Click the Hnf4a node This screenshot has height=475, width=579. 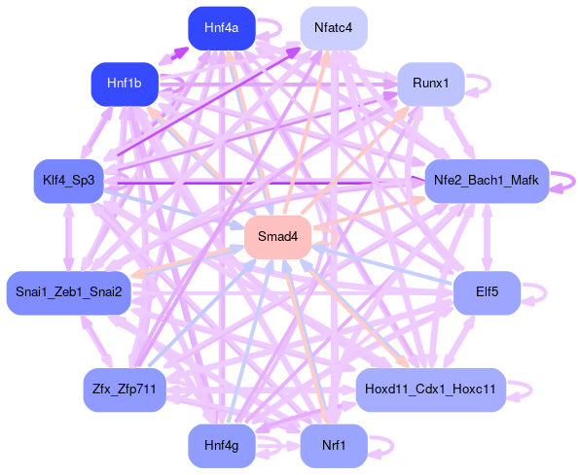coord(222,28)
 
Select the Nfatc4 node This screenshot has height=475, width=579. coord(334,28)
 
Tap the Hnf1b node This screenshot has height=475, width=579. coord(125,84)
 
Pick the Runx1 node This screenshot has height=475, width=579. coord(430,84)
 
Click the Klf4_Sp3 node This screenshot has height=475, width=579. coord(69,181)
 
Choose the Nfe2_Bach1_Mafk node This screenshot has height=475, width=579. coord(487,181)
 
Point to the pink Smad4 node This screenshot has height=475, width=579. coord(277,237)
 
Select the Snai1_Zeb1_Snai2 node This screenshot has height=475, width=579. coord(69,293)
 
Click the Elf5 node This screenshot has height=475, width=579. coord(487,293)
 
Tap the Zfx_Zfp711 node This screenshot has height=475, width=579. coord(125,390)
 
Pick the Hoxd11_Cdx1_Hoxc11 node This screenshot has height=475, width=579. coord(430,390)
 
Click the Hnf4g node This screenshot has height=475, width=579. coord(222,446)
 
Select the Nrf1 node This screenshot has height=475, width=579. coord(334,446)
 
